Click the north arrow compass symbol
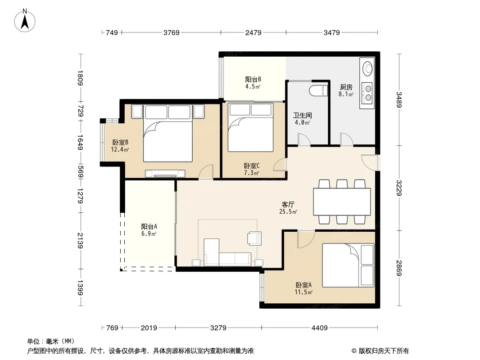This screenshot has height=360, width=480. [x=25, y=21]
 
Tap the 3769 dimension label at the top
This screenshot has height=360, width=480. [x=172, y=32]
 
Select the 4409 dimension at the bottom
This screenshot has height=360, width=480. [x=320, y=328]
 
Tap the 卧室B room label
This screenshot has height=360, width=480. [x=120, y=142]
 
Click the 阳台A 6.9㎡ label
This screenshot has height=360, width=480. [x=149, y=230]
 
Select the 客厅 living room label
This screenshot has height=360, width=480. [x=288, y=204]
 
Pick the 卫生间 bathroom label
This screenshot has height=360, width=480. [x=303, y=115]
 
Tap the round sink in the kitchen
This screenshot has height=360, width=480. [x=367, y=67]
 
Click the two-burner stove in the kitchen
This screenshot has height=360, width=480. [x=367, y=93]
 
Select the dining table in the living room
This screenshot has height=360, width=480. [x=342, y=202]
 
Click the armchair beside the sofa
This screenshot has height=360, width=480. [x=255, y=238]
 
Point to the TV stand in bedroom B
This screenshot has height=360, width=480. [x=165, y=173]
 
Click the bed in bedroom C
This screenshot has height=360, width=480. [x=250, y=127]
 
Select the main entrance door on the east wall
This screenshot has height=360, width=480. [x=370, y=162]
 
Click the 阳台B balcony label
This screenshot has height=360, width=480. [x=253, y=79]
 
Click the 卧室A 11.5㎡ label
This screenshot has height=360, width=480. [x=303, y=288]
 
